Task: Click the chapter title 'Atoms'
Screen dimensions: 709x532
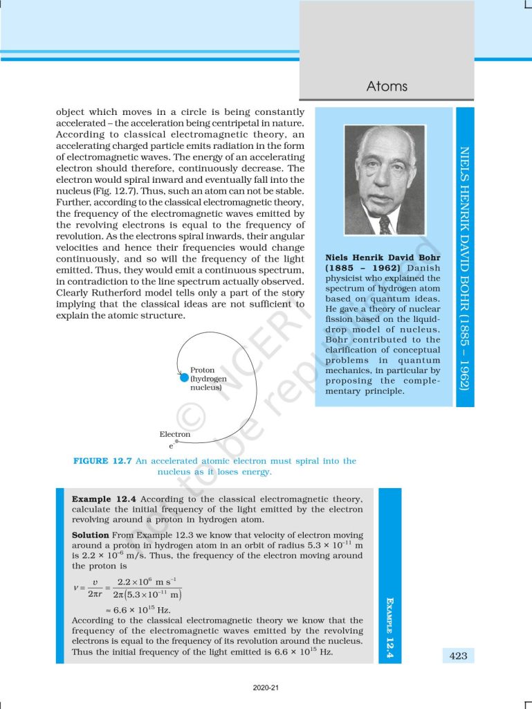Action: tap(387, 87)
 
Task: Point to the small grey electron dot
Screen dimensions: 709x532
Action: tap(176, 440)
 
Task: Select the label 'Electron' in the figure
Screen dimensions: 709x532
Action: tap(174, 434)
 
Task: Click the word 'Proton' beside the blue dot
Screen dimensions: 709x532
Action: tap(203, 370)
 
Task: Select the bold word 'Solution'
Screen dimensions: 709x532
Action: tap(91, 535)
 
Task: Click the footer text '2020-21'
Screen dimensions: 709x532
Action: tap(266, 689)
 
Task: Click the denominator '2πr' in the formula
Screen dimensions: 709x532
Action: tap(95, 594)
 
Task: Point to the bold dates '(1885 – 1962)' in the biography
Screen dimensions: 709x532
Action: tap(356, 268)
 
